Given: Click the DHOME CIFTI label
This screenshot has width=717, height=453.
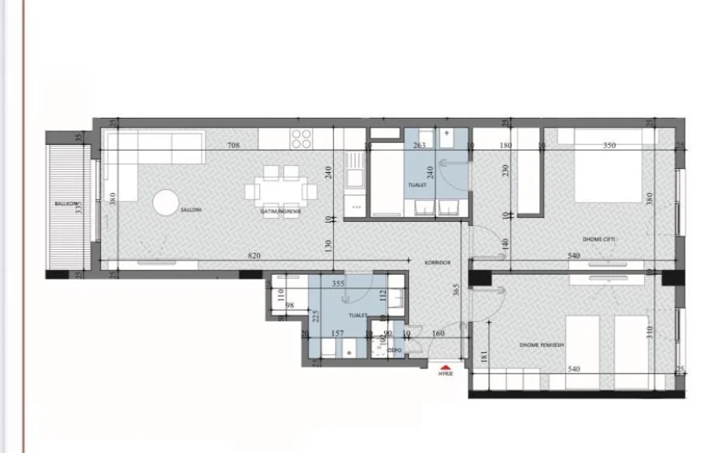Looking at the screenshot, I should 599,239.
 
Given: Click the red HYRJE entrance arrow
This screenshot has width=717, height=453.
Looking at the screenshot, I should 445,369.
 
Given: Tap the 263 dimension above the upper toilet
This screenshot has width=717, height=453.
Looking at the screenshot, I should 419,145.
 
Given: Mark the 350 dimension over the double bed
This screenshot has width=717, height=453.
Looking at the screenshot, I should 609,145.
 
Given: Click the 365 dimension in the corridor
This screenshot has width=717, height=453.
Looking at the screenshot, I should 458,290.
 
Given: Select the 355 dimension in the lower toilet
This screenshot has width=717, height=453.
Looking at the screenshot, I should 338,284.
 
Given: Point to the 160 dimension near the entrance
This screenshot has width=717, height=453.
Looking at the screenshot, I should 438,335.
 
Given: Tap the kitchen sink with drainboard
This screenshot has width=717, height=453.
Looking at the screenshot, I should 356,171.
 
